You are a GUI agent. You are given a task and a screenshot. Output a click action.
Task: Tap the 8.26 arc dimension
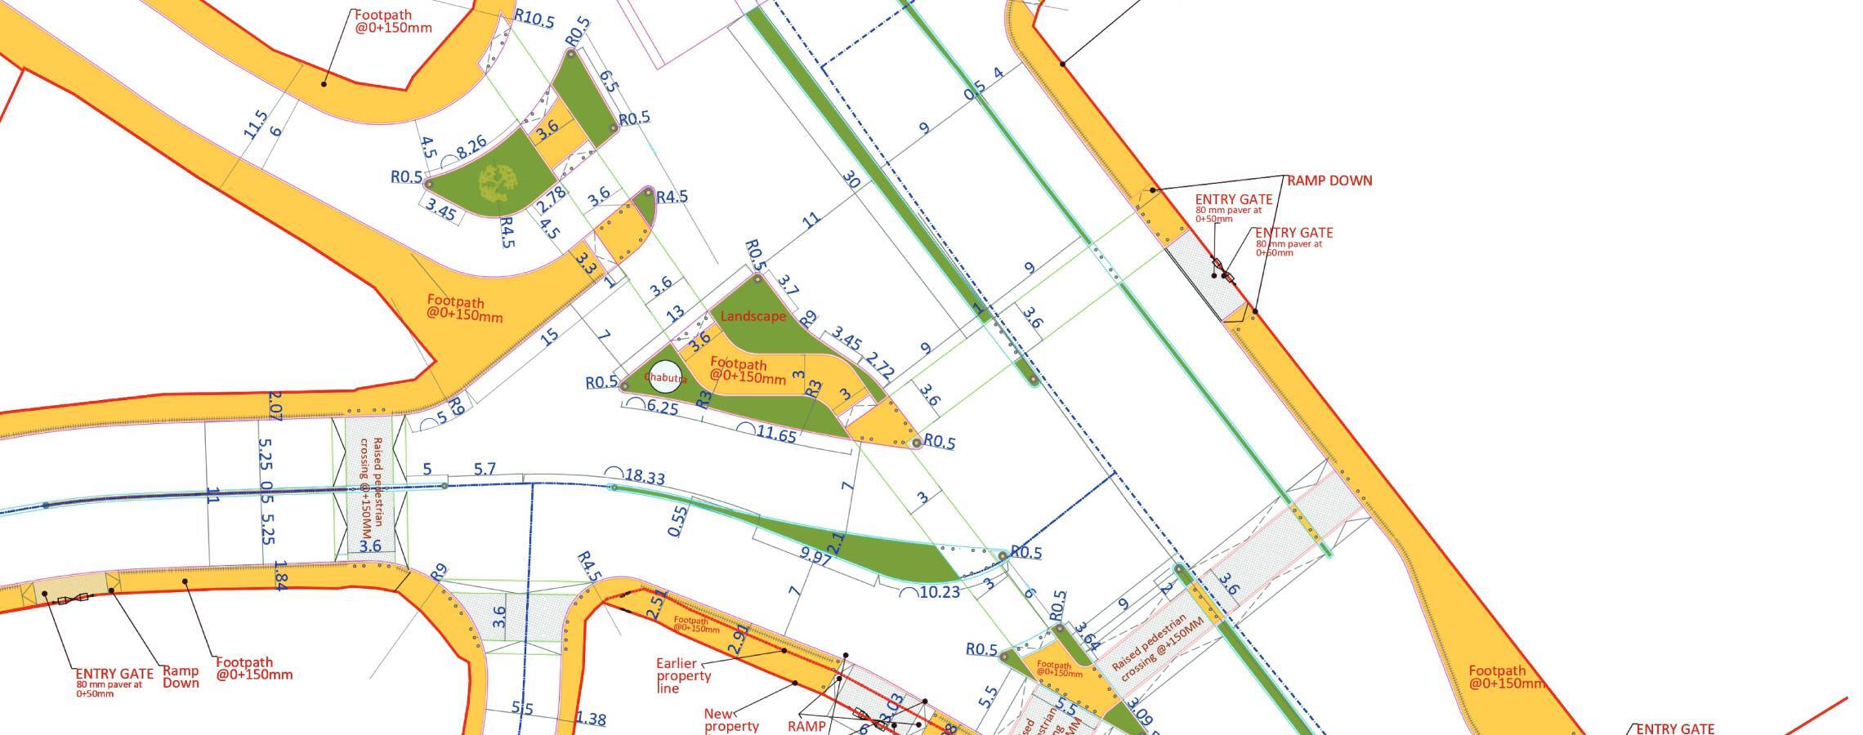(472, 149)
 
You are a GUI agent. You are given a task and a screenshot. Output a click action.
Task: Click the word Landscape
(753, 316)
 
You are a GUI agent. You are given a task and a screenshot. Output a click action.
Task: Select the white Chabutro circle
(667, 376)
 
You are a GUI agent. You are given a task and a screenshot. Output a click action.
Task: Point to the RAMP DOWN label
(1329, 180)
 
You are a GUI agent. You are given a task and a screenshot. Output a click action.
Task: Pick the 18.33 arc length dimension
(643, 476)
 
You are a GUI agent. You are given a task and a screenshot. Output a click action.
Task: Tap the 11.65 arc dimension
(775, 434)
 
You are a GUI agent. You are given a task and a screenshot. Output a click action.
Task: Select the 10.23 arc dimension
(939, 591)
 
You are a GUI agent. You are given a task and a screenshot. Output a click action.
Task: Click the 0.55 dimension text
(678, 520)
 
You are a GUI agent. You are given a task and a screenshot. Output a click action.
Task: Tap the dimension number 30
(851, 180)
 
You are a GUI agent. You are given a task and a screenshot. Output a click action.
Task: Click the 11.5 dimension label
(256, 124)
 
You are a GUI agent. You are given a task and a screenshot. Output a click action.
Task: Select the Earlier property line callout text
(684, 675)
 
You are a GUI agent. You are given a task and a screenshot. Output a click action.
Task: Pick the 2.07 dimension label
(275, 406)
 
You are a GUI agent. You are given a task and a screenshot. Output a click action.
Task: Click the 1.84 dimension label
(279, 575)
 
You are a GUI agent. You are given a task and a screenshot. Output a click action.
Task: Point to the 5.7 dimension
(485, 470)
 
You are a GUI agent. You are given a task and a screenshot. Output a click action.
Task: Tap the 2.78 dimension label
(552, 199)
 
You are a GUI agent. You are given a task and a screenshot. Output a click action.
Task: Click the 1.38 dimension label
(591, 719)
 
